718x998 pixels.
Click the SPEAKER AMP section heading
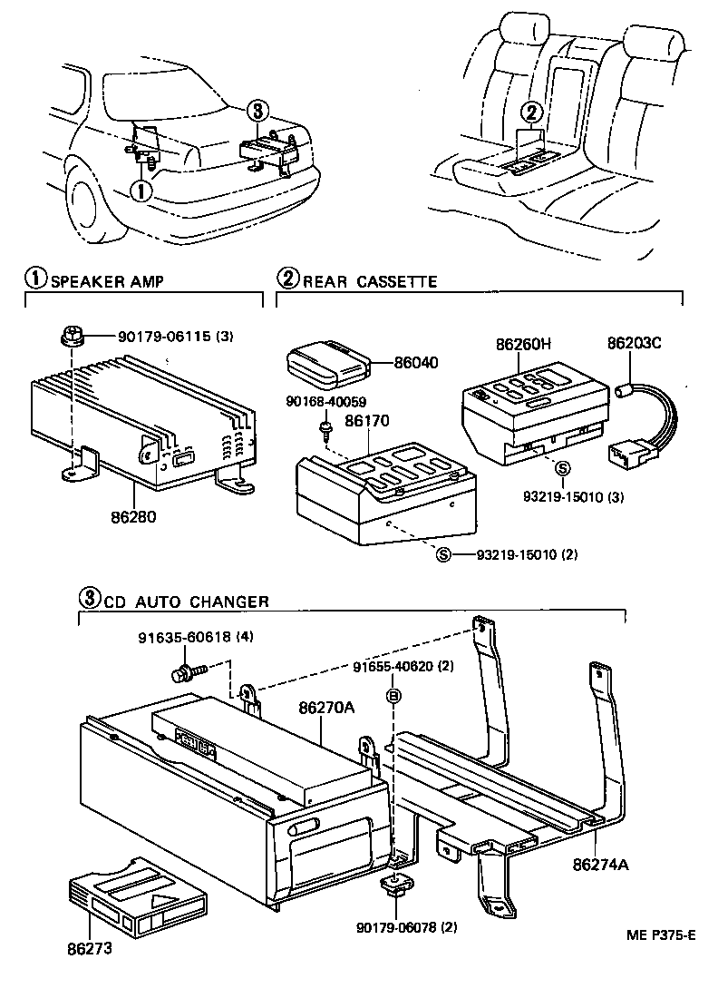pos(106,281)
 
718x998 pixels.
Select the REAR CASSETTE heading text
pos(369,281)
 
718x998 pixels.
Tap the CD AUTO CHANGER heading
pos(186,601)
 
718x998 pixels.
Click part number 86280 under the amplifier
pos(135,518)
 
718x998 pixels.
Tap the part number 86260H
pos(523,345)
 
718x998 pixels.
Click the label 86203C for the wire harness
pos(634,345)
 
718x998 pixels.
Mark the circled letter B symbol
pos(393,697)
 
